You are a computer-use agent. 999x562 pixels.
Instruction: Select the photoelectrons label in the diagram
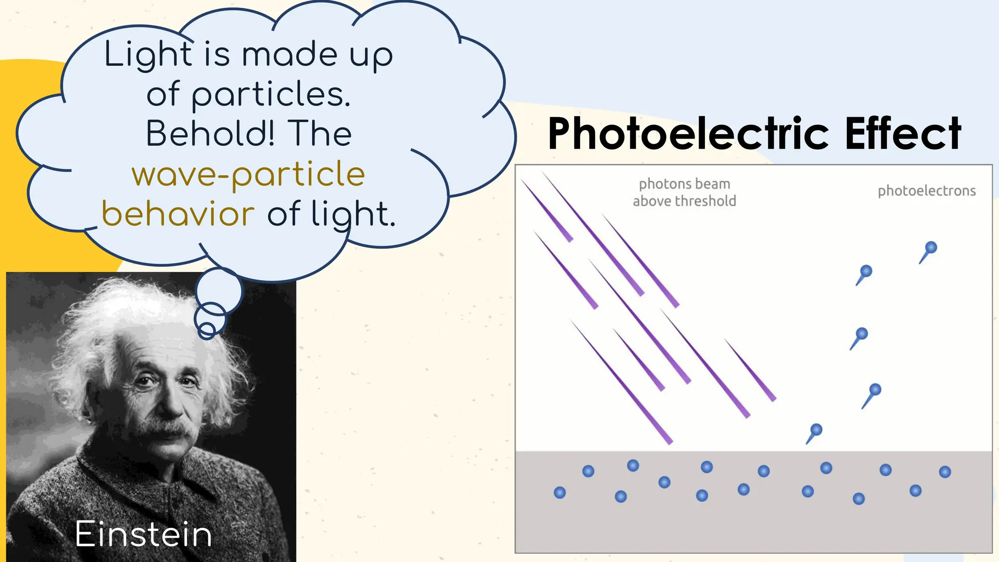point(926,191)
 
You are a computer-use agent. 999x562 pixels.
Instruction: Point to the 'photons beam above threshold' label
point(684,192)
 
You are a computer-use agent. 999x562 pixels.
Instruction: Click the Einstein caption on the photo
point(143,535)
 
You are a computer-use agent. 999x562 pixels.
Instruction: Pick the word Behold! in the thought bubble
point(210,134)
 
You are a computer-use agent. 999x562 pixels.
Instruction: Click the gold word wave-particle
point(248,174)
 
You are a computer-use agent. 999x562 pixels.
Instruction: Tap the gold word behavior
point(178,214)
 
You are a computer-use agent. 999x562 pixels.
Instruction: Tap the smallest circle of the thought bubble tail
point(207,330)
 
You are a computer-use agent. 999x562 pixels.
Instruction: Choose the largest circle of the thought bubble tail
point(219,291)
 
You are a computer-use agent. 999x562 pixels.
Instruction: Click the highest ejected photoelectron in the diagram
point(931,247)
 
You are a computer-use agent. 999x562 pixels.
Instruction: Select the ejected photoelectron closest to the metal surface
point(816,430)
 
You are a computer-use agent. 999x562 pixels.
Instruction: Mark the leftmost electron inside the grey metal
point(559,492)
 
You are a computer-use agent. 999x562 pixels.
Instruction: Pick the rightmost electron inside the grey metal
point(945,472)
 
